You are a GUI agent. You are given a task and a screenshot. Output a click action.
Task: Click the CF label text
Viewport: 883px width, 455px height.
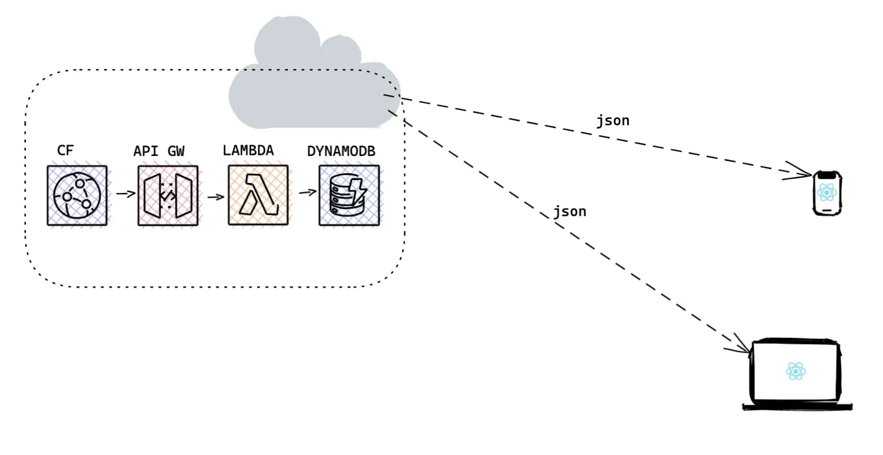[65, 150]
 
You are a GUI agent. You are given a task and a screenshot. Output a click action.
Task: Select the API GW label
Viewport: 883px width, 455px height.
[159, 151]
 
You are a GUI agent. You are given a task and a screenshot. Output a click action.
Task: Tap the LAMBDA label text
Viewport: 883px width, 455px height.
[248, 150]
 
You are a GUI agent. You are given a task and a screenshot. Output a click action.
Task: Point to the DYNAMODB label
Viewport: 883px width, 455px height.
[341, 151]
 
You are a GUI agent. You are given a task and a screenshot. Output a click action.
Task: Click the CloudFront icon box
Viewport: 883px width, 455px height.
[77, 195]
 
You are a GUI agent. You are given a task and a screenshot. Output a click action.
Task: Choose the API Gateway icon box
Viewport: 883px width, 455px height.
[167, 195]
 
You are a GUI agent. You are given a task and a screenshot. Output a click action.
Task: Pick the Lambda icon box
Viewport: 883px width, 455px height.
[258, 195]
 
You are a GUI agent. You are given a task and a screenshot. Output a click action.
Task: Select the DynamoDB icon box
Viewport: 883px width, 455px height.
[349, 195]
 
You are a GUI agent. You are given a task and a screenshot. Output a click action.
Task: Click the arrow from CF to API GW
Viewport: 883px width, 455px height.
[125, 194]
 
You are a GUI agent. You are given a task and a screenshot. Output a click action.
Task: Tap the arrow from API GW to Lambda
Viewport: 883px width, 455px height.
[215, 197]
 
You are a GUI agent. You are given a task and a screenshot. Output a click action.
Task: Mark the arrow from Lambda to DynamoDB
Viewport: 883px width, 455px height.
[307, 193]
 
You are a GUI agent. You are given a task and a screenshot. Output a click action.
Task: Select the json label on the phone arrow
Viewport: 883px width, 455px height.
[613, 121]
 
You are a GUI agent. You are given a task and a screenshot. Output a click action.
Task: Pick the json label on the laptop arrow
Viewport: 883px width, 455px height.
[569, 211]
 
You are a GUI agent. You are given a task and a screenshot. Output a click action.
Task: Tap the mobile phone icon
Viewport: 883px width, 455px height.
[828, 193]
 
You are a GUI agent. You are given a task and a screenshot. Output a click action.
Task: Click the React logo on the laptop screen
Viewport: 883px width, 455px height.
[796, 371]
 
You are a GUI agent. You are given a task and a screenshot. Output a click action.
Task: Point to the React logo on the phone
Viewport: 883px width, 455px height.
[827, 192]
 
